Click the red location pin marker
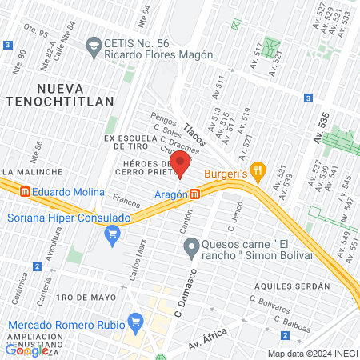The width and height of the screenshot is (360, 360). tap(179, 162)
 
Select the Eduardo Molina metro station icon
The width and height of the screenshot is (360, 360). tap(26, 192)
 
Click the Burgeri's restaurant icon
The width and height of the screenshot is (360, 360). tap(257, 170)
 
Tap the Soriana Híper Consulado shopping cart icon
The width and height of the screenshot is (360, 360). tap(112, 234)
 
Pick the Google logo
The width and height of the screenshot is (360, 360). tap(26, 350)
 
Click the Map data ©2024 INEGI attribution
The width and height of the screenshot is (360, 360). tap(312, 354)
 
